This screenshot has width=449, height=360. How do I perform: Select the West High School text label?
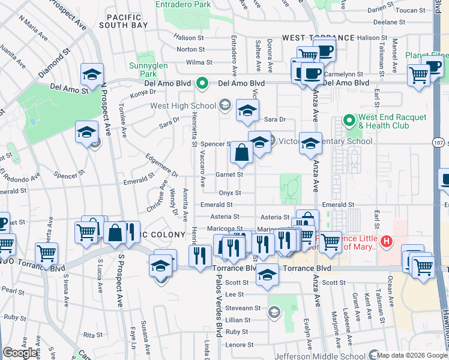pos(182,106)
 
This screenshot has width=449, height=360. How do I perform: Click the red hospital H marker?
pos(387,242)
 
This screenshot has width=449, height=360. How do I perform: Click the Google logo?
pos(20,353)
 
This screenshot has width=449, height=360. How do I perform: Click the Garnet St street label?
pos(229,175)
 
